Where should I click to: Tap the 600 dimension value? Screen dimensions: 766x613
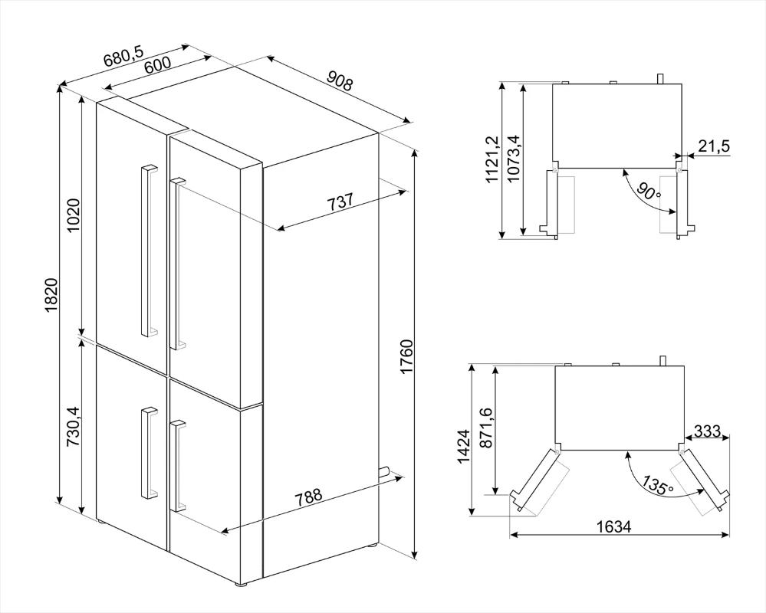point(157,66)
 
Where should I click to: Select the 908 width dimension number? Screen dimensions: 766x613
point(339,80)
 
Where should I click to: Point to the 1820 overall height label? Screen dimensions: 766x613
point(52,297)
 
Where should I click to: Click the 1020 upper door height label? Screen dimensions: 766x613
point(74,216)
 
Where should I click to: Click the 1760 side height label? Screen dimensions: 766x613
point(406,358)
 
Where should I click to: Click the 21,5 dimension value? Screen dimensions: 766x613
point(714,146)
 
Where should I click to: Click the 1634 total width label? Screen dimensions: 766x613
point(614,526)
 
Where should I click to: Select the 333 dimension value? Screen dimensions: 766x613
point(707,431)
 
